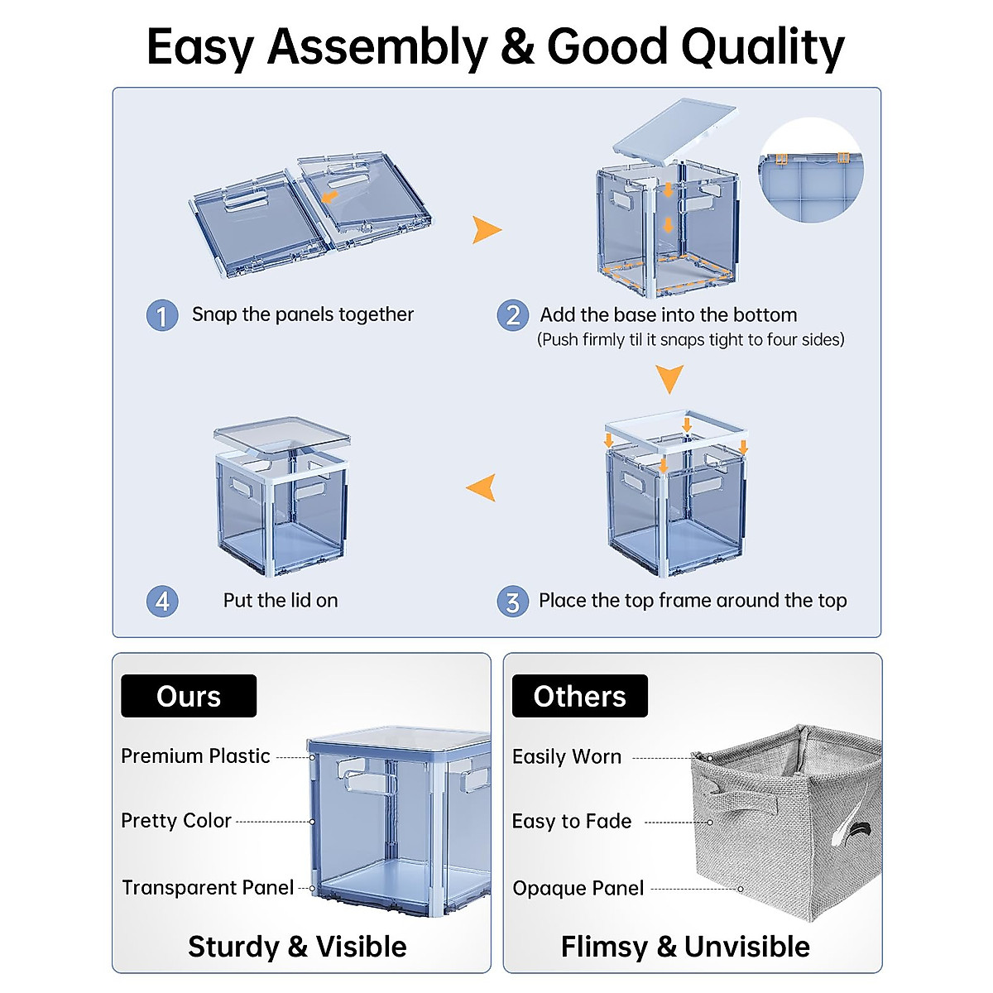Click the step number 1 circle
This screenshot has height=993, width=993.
click(x=162, y=315)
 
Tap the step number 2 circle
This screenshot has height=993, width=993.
click(x=513, y=315)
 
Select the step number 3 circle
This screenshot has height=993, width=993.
click(x=513, y=602)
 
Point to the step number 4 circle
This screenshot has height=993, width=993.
click(x=162, y=602)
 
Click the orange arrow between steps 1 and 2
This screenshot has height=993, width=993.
click(x=486, y=229)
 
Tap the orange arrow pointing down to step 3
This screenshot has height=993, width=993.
click(x=669, y=378)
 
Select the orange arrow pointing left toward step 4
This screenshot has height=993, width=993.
click(x=482, y=487)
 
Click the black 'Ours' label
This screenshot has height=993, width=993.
click(x=189, y=696)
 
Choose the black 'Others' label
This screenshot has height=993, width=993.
click(x=579, y=696)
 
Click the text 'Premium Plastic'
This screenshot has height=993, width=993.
click(x=195, y=756)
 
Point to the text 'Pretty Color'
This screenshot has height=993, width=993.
click(x=176, y=821)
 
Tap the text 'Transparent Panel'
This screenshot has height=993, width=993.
click(x=208, y=888)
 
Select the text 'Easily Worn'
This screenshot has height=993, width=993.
click(x=567, y=757)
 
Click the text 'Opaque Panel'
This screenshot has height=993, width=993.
click(x=578, y=889)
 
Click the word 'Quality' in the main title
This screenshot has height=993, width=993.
click(x=762, y=46)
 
